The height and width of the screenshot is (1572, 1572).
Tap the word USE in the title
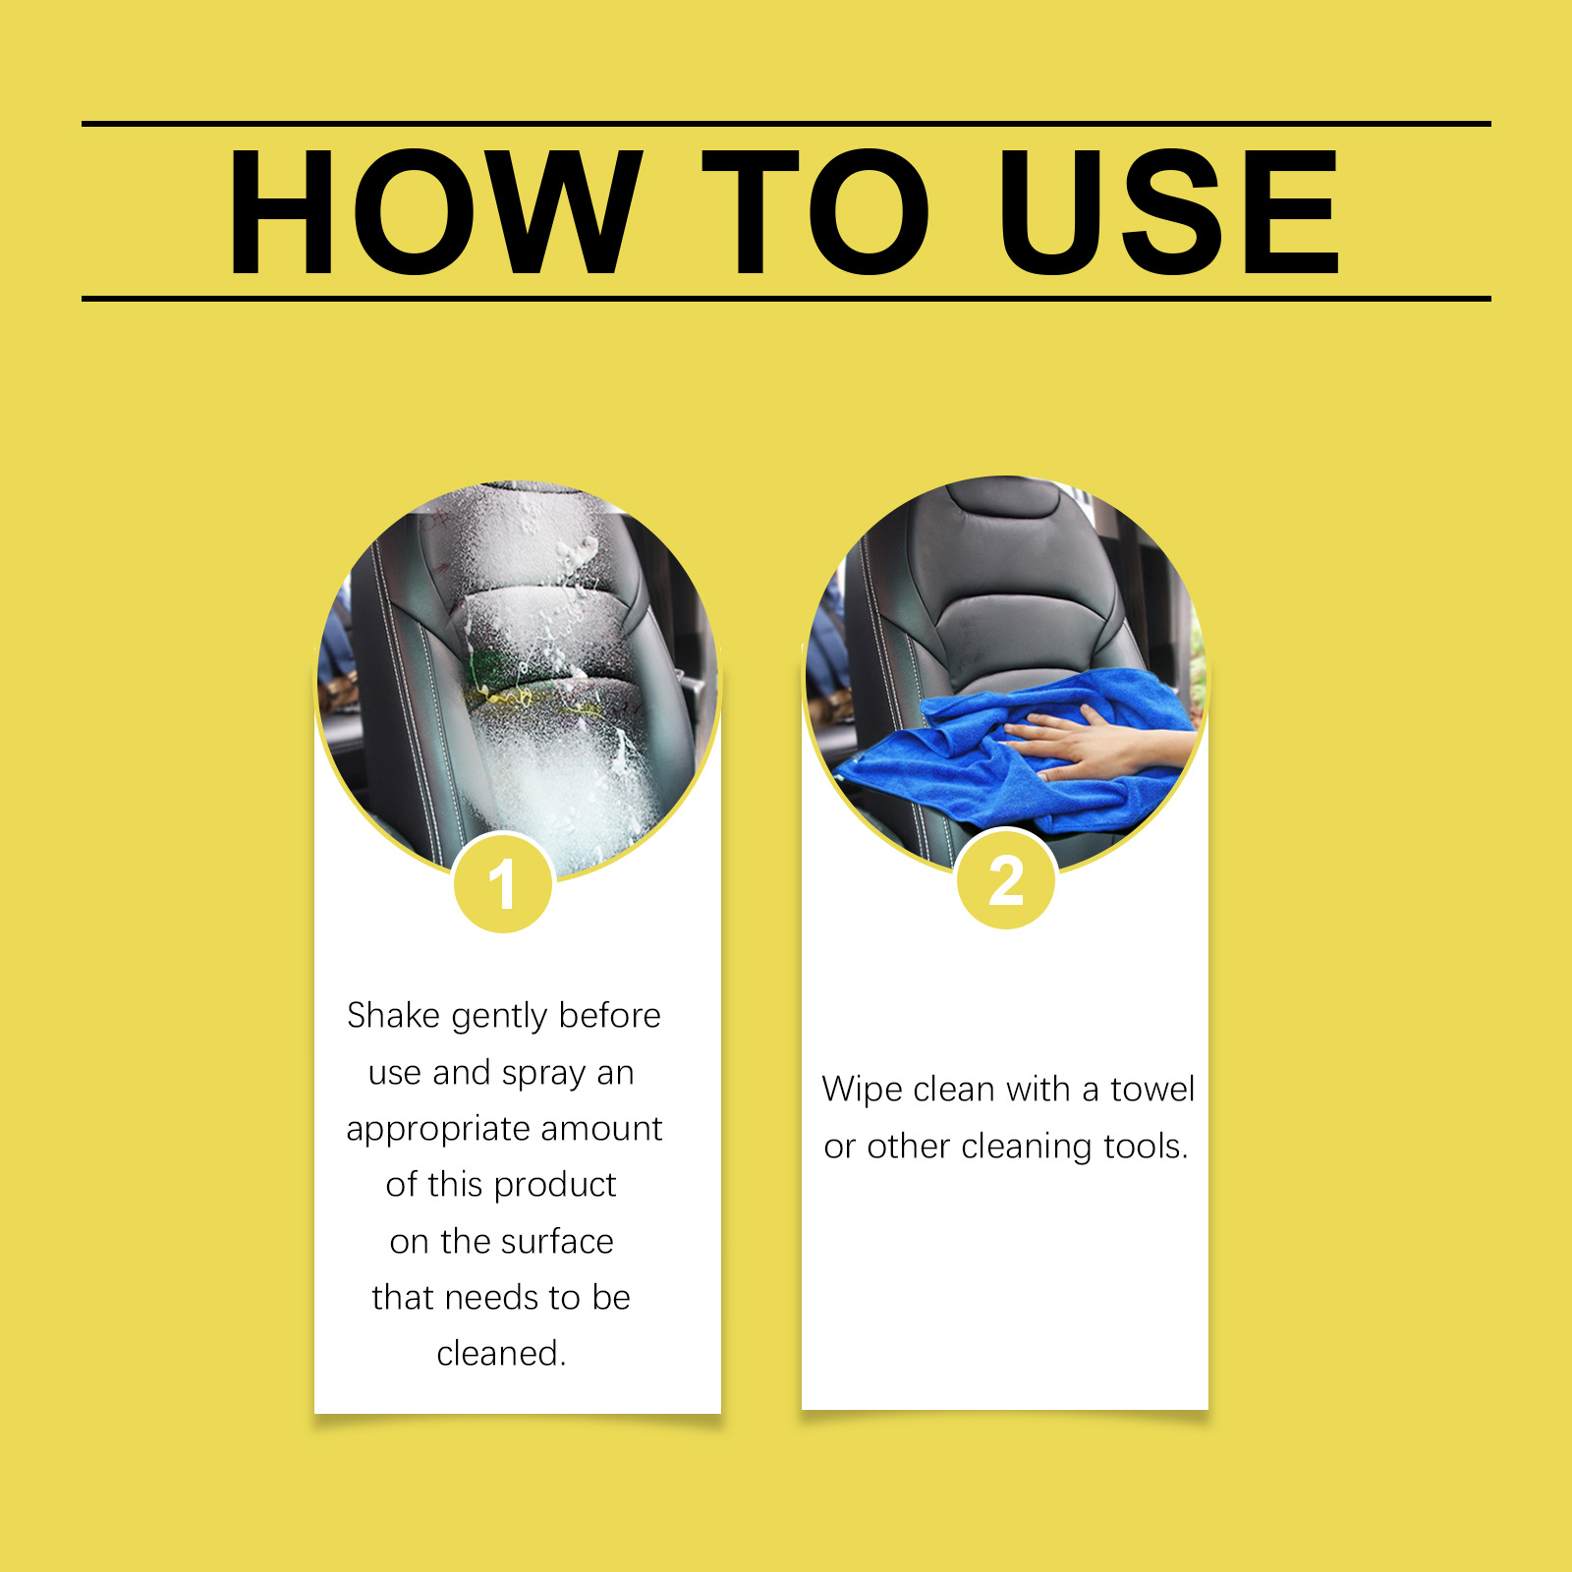click(1169, 212)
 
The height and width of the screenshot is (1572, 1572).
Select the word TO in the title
click(816, 212)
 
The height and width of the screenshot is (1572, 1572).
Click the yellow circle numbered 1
click(503, 882)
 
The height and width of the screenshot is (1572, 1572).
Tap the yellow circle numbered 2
click(1006, 879)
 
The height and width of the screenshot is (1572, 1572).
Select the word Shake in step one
click(393, 1015)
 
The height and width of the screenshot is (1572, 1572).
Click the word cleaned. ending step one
click(502, 1353)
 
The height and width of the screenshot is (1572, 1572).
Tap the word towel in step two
click(1152, 1089)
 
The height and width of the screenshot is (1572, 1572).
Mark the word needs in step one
click(491, 1297)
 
